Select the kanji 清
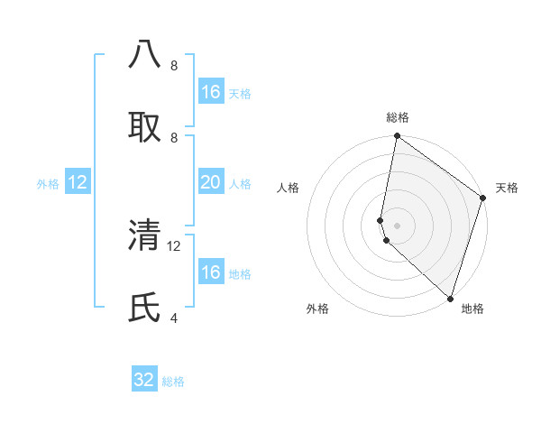[145, 235]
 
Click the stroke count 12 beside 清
[174, 245]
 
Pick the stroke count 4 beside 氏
[173, 318]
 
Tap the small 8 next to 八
[173, 65]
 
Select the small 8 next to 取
[173, 137]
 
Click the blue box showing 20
[210, 182]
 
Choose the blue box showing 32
[144, 380]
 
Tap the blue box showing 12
[78, 182]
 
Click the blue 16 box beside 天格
[210, 92]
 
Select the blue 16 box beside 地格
[210, 272]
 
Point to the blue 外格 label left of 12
[48, 184]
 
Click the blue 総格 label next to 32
[173, 382]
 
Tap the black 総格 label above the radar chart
[397, 117]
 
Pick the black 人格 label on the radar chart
[289, 188]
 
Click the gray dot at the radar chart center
[397, 225]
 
